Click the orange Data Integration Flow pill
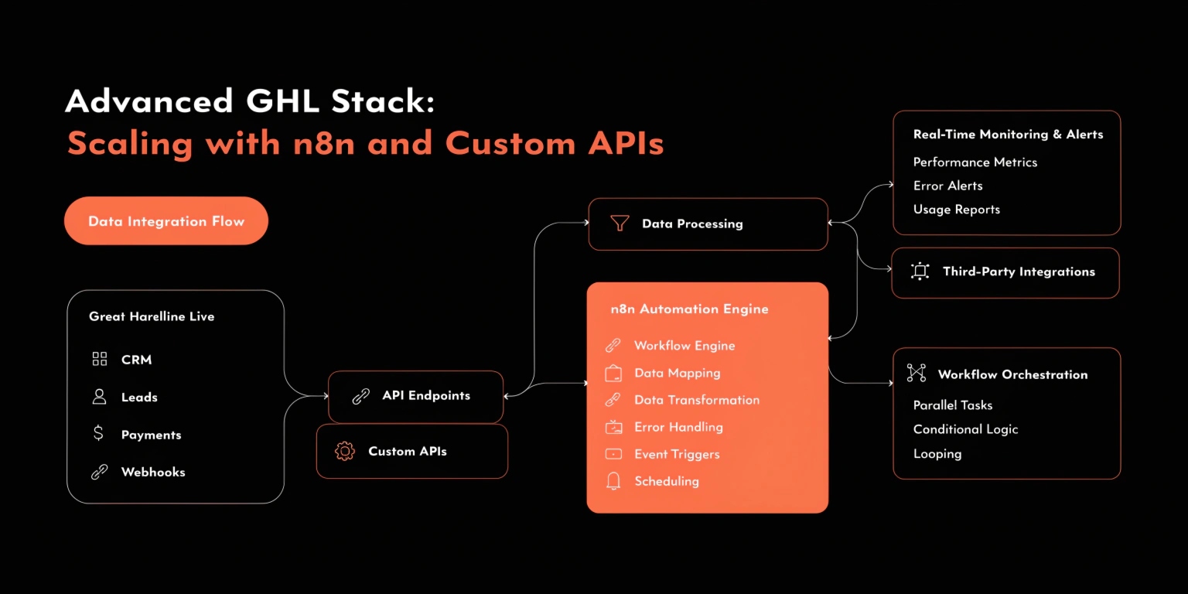166,221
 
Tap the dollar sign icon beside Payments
98,434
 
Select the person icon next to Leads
99,397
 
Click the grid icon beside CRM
99,359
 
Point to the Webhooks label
153,472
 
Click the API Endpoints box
416,396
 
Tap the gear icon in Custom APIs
344,451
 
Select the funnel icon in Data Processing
620,224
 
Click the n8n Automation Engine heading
689,309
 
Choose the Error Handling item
678,427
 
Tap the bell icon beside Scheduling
613,481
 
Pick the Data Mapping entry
677,373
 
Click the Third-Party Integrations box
1005,272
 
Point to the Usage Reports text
956,210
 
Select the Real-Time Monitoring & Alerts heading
1008,134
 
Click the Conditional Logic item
965,429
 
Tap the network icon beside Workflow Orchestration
917,374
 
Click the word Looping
937,454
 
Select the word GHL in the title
282,101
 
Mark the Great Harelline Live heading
152,316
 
